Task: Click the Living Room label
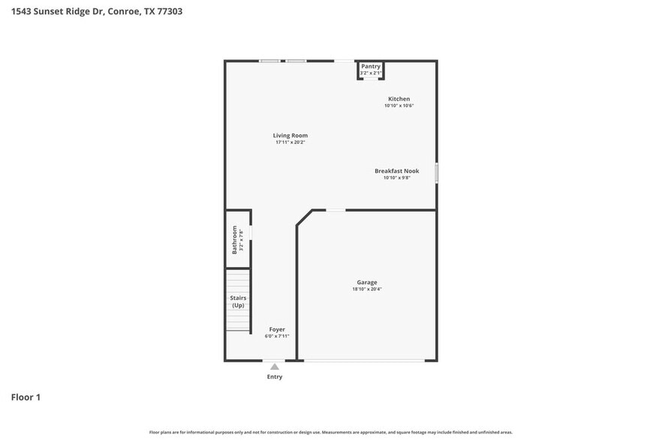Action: point(290,136)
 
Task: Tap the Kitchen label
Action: point(399,99)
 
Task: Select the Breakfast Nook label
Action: point(396,171)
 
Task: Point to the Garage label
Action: point(366,283)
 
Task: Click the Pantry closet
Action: point(371,69)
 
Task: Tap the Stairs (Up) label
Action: point(237,301)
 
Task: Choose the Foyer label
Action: point(277,329)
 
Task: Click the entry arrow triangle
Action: point(275,367)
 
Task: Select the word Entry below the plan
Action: point(275,376)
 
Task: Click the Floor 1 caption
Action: point(26,397)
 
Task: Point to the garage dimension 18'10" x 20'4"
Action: point(366,289)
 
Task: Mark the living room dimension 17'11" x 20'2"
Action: point(290,142)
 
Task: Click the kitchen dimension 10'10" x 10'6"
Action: point(399,106)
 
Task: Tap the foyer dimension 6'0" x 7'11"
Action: point(277,336)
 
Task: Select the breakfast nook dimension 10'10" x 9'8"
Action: point(396,178)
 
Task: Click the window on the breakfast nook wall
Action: point(437,172)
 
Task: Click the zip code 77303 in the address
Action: point(169,11)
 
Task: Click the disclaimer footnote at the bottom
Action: point(330,433)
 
